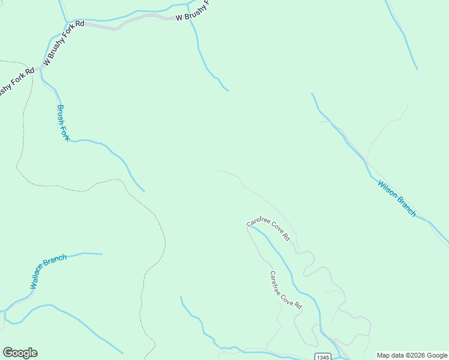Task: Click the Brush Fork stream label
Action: tap(63, 123)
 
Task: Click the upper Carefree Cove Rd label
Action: tap(268, 230)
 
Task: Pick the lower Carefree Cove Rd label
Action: tap(285, 290)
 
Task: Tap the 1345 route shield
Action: tap(322, 356)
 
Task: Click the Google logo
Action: tap(20, 353)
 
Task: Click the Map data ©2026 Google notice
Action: tap(411, 355)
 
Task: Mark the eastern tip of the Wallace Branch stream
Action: tap(101, 254)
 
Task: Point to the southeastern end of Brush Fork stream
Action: tap(144, 191)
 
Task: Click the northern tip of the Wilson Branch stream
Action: tap(312, 93)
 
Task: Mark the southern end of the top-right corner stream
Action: tap(417, 68)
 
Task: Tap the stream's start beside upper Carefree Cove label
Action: tap(252, 227)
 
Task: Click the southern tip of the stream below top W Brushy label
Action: tap(229, 91)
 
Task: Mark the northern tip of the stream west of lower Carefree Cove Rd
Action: tap(181, 296)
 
